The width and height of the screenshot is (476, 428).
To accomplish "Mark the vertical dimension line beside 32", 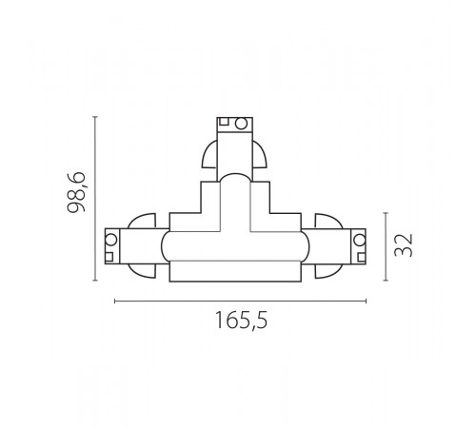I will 385,246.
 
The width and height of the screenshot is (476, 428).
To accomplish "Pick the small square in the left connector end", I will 110,255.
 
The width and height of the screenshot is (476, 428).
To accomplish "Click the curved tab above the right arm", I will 328,220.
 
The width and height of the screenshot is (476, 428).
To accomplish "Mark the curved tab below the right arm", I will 328,272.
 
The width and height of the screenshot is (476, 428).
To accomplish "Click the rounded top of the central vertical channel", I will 236,182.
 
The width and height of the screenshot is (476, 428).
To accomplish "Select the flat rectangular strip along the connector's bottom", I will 236,275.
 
